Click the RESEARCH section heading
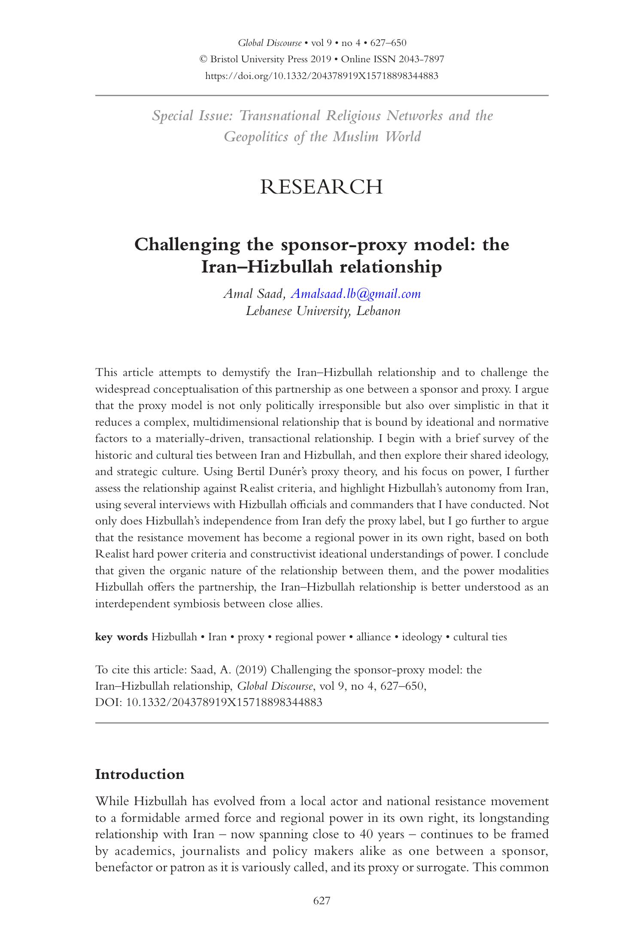(321, 188)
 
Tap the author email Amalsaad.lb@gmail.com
(355, 294)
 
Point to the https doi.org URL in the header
(322, 76)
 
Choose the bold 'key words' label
(121, 637)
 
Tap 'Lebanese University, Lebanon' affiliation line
(323, 311)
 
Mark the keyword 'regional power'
(310, 637)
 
